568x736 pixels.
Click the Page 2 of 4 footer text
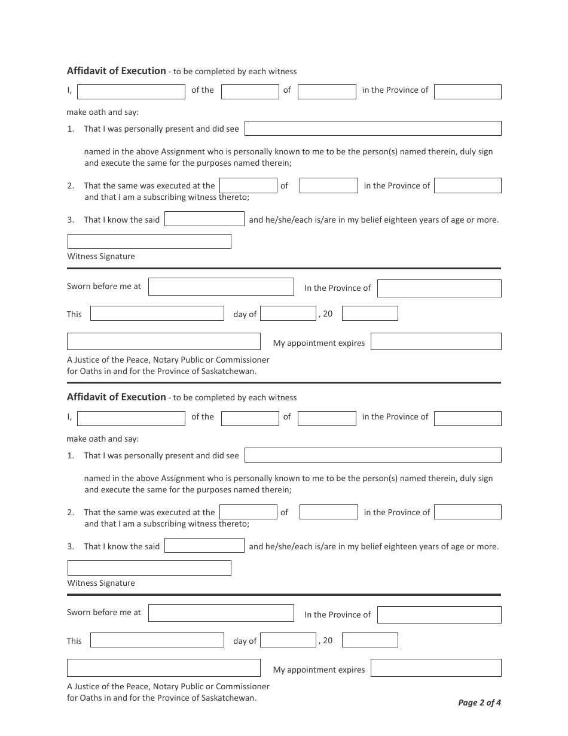(480, 702)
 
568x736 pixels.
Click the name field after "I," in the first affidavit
(131, 92)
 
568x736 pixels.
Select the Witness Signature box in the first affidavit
(149, 241)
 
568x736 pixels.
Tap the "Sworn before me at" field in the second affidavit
(221, 613)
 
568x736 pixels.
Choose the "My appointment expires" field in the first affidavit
(435, 342)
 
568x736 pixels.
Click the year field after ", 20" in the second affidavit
(369, 640)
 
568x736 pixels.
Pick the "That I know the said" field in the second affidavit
(204, 546)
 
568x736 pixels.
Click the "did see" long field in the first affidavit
(372, 129)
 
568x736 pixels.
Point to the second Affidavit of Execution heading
(117, 397)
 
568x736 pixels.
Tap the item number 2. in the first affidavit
(71, 185)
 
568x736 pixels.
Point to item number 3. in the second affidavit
(71, 546)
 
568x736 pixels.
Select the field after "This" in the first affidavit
(157, 314)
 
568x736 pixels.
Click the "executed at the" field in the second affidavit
(248, 512)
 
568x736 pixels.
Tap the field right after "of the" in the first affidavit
(250, 92)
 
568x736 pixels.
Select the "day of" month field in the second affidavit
(288, 640)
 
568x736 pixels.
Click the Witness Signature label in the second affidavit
(101, 583)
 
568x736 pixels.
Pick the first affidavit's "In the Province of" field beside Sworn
(439, 288)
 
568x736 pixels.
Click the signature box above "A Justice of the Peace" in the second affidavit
(163, 668)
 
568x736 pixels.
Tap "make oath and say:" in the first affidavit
(103, 112)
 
